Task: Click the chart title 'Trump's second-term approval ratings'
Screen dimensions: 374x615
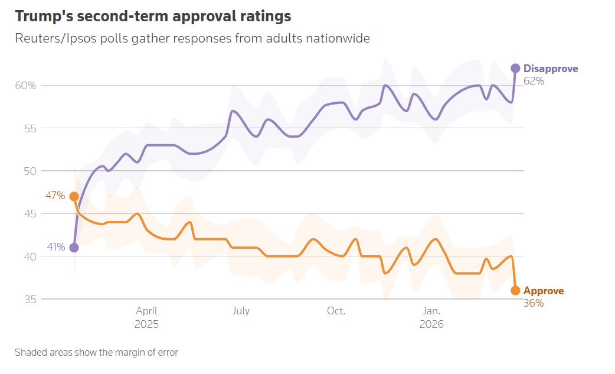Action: pyautogui.click(x=153, y=16)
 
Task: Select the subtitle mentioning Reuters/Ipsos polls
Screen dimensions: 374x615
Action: pyautogui.click(x=192, y=38)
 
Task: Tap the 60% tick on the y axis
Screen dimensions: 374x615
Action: pyautogui.click(x=25, y=86)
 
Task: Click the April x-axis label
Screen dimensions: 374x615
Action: pyautogui.click(x=146, y=311)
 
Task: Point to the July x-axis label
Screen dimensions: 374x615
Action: pyautogui.click(x=241, y=311)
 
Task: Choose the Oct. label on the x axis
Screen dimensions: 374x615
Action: pyautogui.click(x=336, y=311)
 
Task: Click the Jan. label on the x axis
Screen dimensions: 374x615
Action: pyautogui.click(x=431, y=311)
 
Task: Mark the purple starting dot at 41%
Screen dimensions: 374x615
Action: pyautogui.click(x=74, y=248)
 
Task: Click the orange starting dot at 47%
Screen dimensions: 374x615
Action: pyautogui.click(x=74, y=196)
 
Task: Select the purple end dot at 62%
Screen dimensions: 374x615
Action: pyautogui.click(x=515, y=69)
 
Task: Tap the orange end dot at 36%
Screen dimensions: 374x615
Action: pyautogui.click(x=515, y=291)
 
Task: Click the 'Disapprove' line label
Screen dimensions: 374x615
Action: pyautogui.click(x=551, y=69)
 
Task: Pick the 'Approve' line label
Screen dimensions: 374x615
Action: pyautogui.click(x=544, y=291)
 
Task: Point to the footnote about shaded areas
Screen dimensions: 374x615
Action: pyautogui.click(x=96, y=353)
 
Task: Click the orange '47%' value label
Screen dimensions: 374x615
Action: pyautogui.click(x=55, y=196)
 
